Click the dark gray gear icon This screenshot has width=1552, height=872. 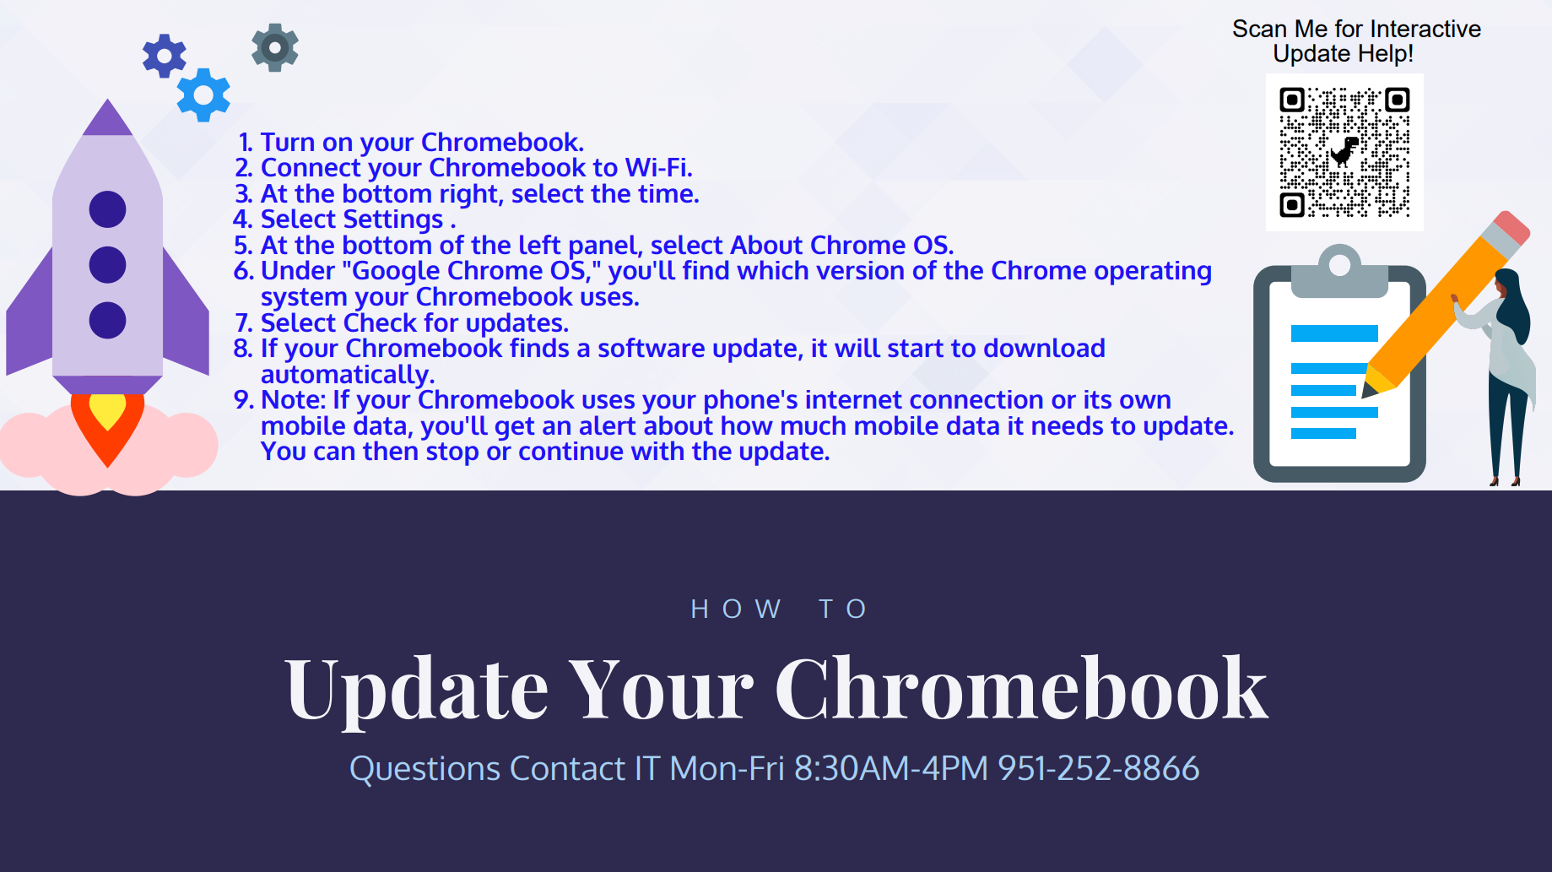(x=275, y=47)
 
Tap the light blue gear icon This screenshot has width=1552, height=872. (x=203, y=95)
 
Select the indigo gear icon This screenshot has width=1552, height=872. (x=165, y=57)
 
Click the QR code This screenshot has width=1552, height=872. (x=1344, y=152)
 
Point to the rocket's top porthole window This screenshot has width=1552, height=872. (x=107, y=209)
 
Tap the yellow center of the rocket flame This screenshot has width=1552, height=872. (x=107, y=411)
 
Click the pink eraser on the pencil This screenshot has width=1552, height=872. (x=1511, y=229)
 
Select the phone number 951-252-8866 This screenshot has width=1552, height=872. (x=1098, y=768)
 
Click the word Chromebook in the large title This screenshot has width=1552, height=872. (x=1021, y=690)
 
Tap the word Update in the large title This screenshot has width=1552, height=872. (x=417, y=690)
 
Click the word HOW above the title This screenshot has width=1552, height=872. (x=736, y=609)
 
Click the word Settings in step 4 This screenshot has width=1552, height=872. (x=392, y=219)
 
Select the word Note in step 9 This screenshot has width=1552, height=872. (x=292, y=400)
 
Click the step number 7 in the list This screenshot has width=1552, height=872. (x=243, y=323)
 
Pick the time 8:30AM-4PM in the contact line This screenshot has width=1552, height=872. (x=890, y=768)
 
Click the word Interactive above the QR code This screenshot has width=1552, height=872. (x=1425, y=30)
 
